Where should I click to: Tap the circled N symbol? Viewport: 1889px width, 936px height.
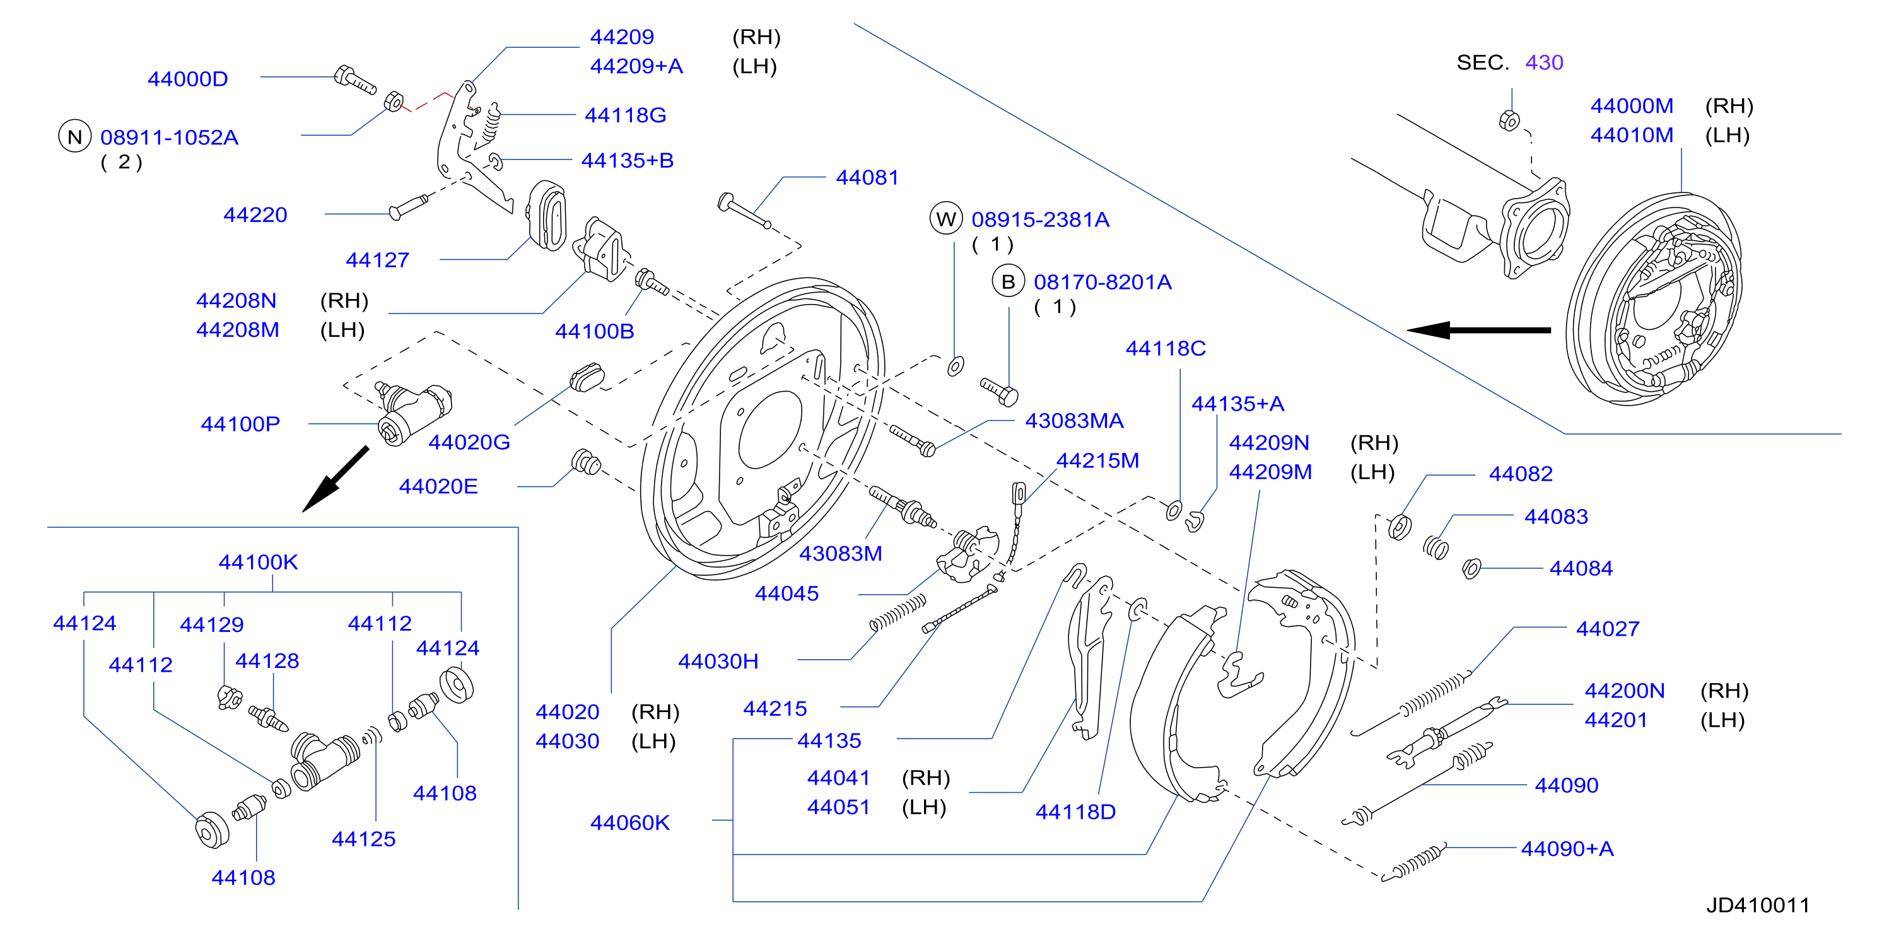point(75,136)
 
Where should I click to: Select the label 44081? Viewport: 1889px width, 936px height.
point(867,177)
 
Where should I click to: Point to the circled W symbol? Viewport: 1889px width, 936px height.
point(946,219)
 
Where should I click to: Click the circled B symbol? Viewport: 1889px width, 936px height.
point(1009,282)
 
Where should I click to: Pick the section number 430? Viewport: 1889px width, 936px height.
point(1545,62)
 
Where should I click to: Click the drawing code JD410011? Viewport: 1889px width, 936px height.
point(1758,905)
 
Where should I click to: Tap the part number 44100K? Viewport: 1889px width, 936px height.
point(258,563)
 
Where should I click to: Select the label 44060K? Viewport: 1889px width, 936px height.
point(630,823)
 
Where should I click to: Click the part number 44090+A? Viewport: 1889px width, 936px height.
point(1567,849)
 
